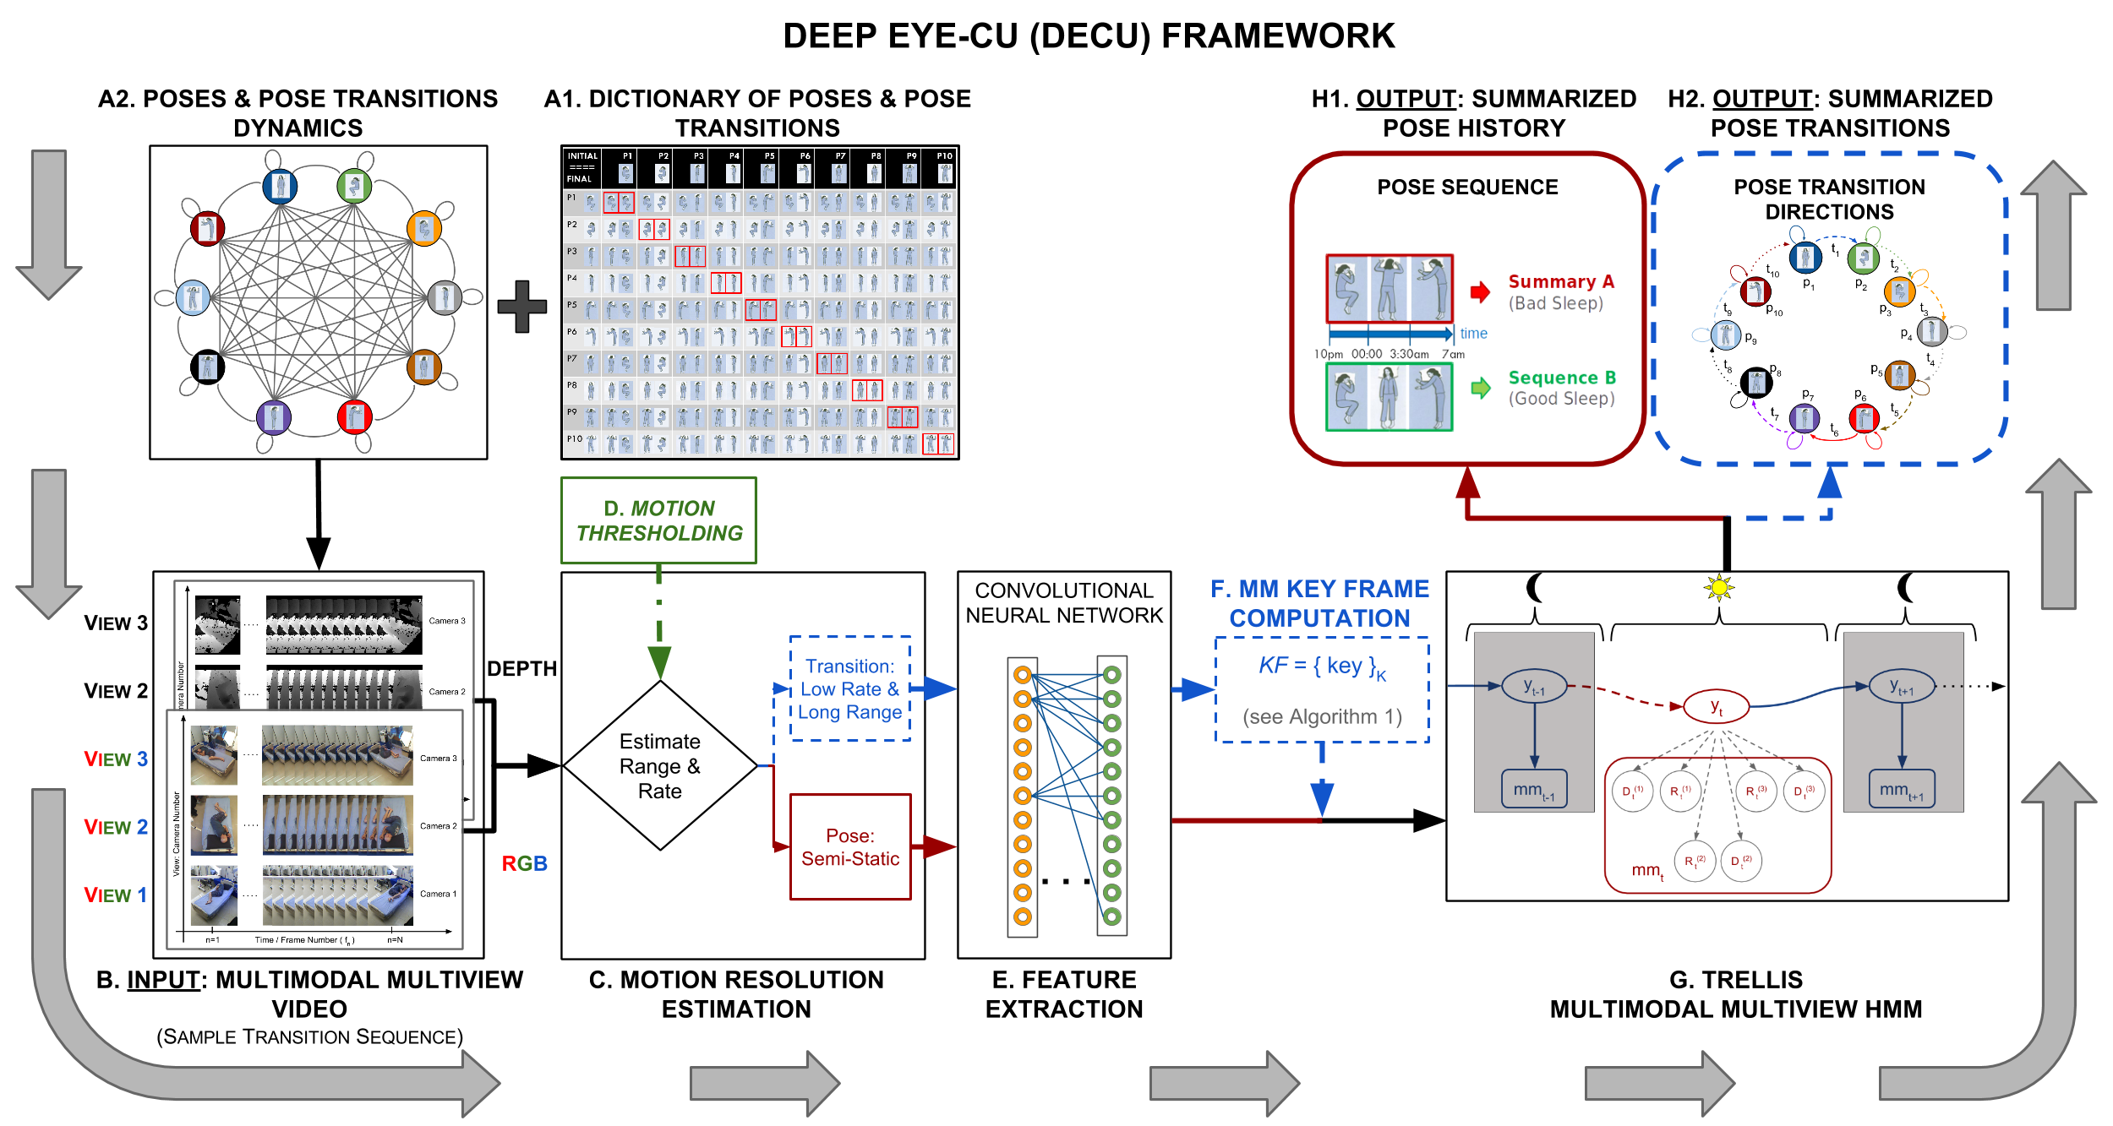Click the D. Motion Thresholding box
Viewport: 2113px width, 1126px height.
pos(658,520)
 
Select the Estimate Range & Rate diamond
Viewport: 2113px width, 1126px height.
pos(659,765)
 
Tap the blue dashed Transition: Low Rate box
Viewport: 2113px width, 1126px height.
pos(849,688)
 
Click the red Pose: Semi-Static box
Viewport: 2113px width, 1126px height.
pos(850,846)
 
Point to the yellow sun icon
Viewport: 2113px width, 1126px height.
pos(1718,587)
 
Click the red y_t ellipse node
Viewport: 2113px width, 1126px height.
pos(1716,706)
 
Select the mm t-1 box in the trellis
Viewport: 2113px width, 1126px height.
pos(1533,789)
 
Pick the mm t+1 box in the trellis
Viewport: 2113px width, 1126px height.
pos(1901,789)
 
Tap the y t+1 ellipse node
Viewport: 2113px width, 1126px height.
pos(1901,686)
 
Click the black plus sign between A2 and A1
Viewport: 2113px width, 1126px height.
pos(521,306)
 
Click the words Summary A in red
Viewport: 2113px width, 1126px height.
pos(1561,281)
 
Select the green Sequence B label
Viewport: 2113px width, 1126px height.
pos(1562,378)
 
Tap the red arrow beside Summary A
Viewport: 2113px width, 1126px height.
pos(1480,292)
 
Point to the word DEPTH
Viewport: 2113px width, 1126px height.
pos(521,668)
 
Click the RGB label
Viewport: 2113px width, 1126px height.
pos(524,863)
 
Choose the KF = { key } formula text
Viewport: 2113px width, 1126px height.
pos(1322,666)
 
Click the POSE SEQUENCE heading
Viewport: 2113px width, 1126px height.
pos(1467,187)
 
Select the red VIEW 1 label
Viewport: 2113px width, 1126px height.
pos(115,895)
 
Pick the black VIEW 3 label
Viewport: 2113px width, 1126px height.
pos(115,623)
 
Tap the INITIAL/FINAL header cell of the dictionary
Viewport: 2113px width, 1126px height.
pos(581,167)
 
